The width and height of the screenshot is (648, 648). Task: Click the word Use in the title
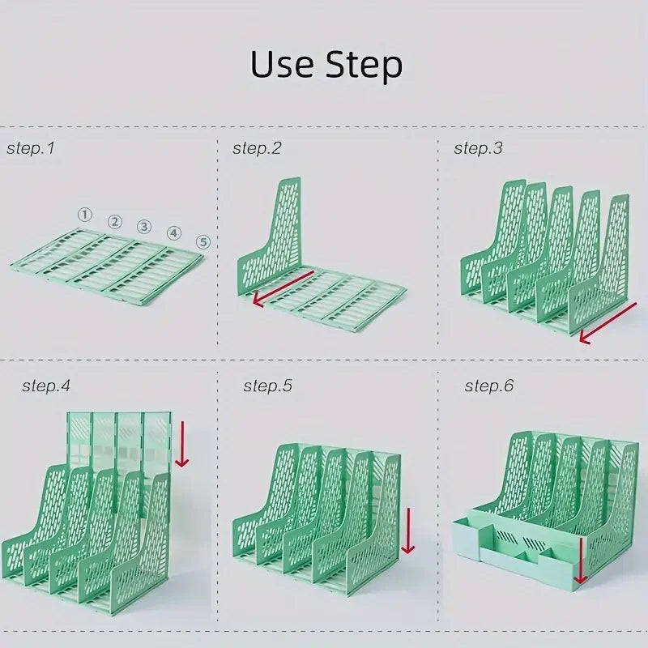282,64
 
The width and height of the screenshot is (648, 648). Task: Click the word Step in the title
364,66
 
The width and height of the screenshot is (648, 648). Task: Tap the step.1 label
31,148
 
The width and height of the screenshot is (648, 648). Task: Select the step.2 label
257,148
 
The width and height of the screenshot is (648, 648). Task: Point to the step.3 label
478,148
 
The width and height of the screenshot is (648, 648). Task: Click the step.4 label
46,386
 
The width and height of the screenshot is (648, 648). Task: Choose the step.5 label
267,386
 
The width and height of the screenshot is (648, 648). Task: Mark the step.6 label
489,386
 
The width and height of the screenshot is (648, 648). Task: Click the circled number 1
85,215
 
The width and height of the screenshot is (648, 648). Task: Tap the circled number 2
115,222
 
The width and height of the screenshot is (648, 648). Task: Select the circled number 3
144,227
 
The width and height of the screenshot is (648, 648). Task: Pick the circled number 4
173,233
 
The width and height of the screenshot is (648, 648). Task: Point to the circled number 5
203,241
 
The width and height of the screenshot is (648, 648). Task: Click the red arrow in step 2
283,289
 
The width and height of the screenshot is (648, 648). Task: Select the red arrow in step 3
607,322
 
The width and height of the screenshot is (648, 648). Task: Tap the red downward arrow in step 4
181,444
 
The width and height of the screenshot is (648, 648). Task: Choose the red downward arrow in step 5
408,531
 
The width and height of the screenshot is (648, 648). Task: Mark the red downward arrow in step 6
580,561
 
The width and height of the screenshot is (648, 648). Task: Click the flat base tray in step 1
107,266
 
